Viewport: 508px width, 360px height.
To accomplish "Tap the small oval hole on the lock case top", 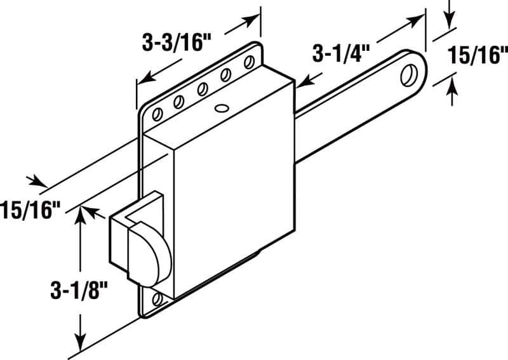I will pyautogui.click(x=222, y=108).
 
